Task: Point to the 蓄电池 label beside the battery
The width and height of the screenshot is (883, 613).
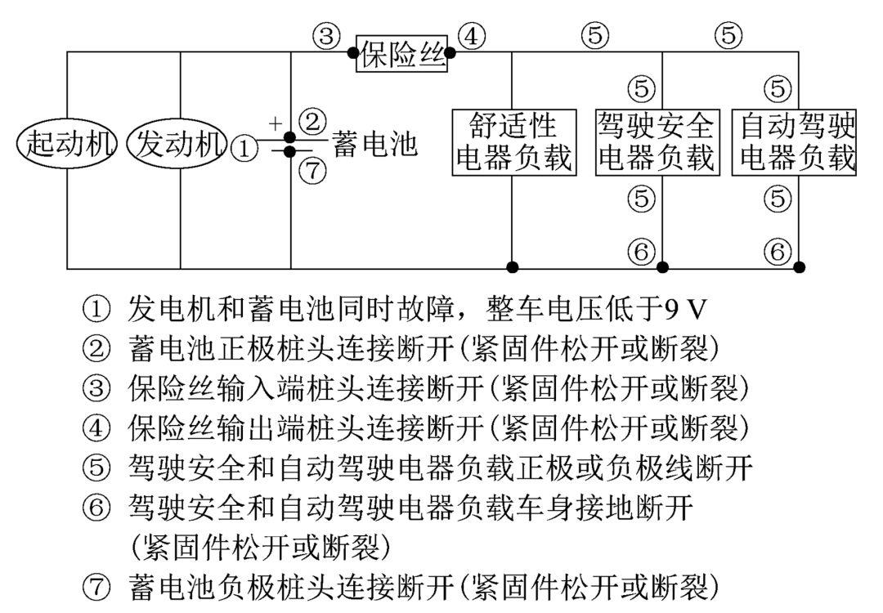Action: (x=374, y=145)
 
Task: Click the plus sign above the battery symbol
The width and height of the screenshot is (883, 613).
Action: (x=275, y=123)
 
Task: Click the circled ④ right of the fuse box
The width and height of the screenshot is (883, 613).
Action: (x=472, y=36)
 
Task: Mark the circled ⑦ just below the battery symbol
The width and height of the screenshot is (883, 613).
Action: (x=312, y=171)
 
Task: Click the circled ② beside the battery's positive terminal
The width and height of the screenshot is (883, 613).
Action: (x=312, y=122)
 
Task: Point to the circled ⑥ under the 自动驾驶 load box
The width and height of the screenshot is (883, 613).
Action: (x=778, y=250)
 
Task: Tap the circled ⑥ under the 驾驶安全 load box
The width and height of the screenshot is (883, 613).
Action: (x=642, y=250)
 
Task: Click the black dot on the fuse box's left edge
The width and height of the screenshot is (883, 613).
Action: (x=352, y=53)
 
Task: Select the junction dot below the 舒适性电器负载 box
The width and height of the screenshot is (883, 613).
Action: (x=513, y=266)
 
